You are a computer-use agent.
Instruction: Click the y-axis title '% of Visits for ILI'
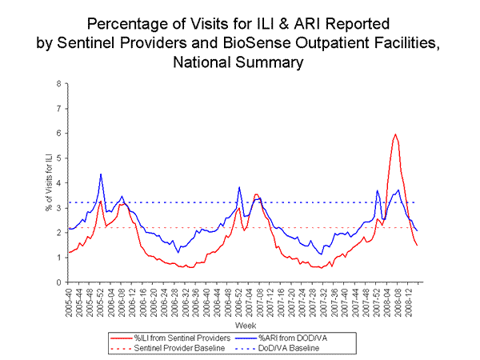[x=46, y=182]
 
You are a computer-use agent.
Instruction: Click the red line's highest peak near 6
[x=395, y=134]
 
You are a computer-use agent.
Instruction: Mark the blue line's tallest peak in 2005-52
[x=101, y=174]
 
